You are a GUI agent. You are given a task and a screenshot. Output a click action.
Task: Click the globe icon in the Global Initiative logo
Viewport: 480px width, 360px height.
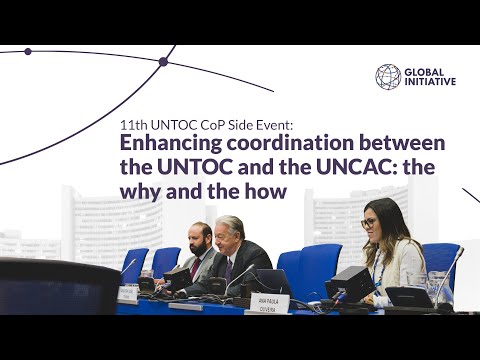(388, 77)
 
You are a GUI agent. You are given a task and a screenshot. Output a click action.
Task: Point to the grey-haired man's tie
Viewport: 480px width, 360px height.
(229, 269)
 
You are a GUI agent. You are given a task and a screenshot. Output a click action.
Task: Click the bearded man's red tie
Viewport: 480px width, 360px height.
(195, 267)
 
